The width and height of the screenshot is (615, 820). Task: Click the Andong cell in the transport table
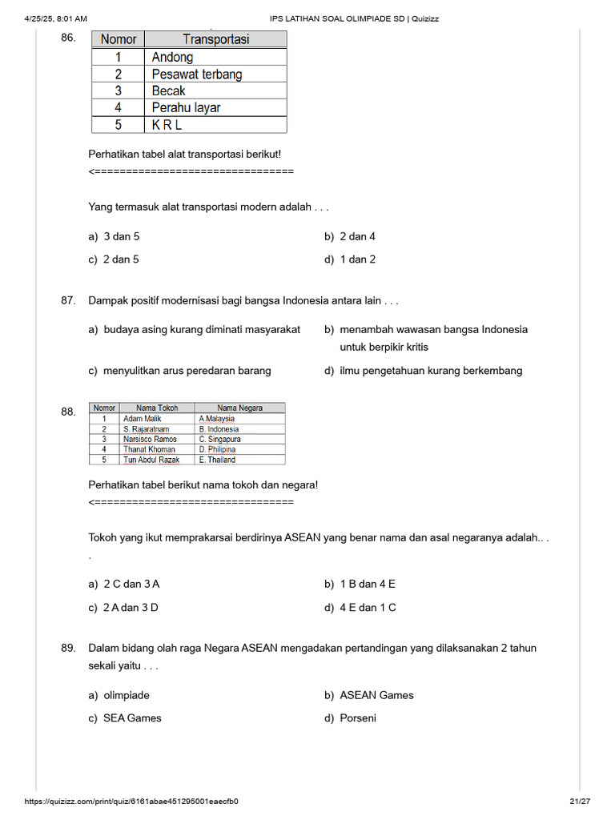coord(173,57)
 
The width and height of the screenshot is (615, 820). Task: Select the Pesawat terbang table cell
coord(196,74)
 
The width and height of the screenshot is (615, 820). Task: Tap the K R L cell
coord(167,124)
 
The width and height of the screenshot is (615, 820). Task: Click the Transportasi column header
coord(215,39)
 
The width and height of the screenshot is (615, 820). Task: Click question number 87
coord(68,301)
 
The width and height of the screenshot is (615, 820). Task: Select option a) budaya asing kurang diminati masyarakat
coord(195,329)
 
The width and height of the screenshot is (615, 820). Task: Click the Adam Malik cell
coord(142,419)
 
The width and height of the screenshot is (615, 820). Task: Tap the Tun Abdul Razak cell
coord(151,460)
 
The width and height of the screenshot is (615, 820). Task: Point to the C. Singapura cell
coord(219,440)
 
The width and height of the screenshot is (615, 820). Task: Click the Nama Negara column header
coord(239,408)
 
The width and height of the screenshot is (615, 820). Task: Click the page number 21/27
coord(579,802)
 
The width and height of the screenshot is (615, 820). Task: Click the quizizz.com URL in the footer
coord(131,802)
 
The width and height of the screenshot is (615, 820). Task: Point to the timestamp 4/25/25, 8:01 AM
coord(56,18)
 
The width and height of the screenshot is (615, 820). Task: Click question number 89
coord(68,648)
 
